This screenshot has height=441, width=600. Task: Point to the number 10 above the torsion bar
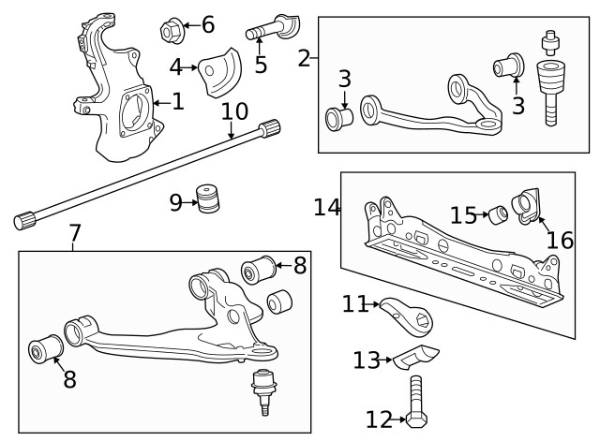pos(234,112)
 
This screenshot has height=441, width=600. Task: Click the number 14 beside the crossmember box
pos(327,207)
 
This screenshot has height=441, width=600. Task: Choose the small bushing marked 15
pos(499,214)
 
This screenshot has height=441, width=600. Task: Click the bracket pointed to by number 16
pos(530,206)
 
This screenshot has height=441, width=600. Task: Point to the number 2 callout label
pos(303,58)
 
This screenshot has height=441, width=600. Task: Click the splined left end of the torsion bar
pos(25,220)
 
